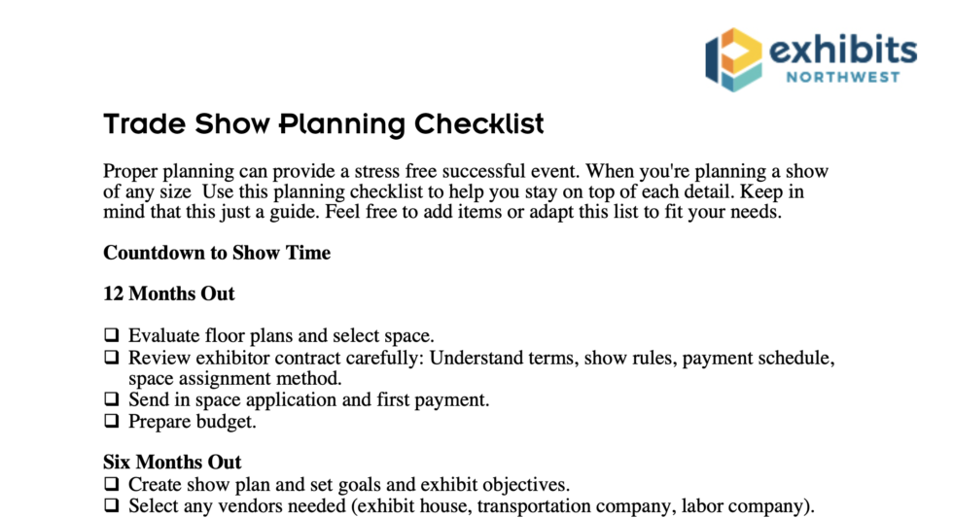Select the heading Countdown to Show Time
pos(217,254)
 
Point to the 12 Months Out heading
pos(168,294)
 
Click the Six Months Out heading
pos(172,462)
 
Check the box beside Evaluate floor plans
pos(111,336)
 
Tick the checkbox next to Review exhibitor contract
pos(111,358)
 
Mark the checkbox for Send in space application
pos(111,399)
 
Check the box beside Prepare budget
pos(111,421)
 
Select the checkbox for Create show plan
pos(111,484)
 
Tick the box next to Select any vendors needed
pos(111,505)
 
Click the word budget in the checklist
pos(229,422)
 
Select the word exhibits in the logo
pos(843,49)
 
